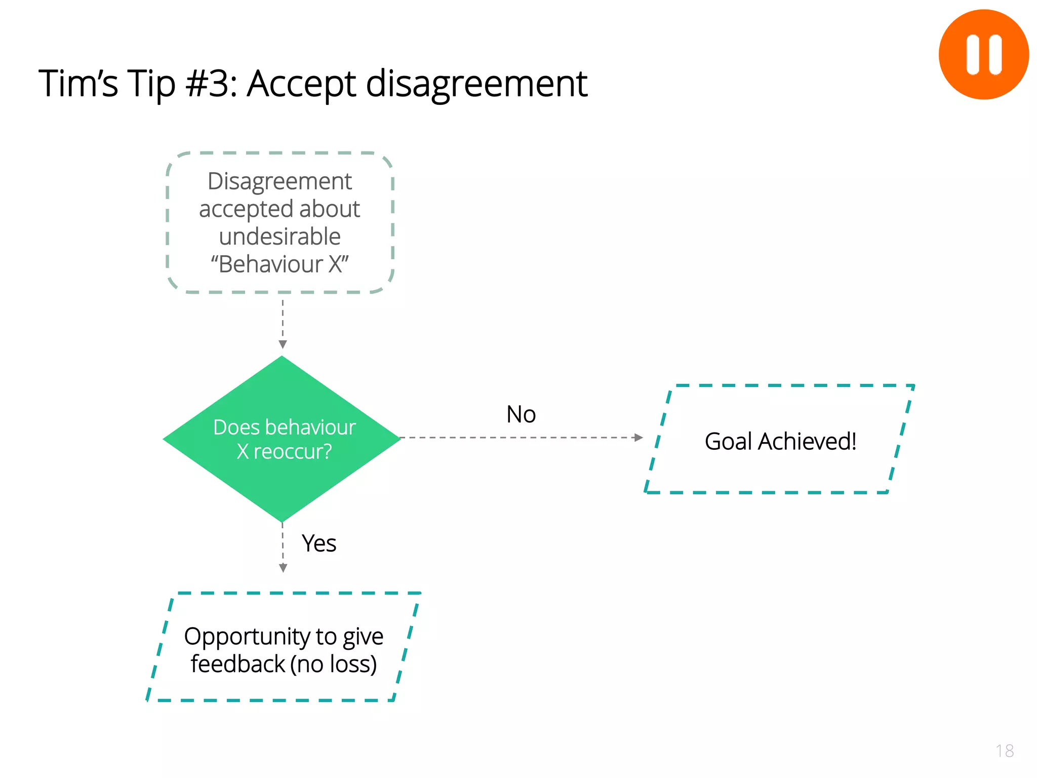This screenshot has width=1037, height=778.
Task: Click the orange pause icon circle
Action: [983, 55]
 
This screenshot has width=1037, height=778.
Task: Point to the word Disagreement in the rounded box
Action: [280, 181]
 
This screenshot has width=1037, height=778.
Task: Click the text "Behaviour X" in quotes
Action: [280, 264]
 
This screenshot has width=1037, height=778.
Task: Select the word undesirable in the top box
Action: [280, 237]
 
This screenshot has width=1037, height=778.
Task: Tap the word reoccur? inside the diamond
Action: [292, 451]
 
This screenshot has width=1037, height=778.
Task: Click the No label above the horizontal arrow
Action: [521, 414]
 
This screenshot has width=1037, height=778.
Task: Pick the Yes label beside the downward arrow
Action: [319, 543]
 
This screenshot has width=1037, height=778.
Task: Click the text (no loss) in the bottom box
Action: [334, 664]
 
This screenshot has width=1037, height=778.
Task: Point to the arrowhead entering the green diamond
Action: [283, 344]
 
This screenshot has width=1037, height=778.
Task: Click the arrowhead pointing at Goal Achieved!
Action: [639, 438]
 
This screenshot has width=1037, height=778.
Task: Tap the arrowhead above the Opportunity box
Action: [283, 568]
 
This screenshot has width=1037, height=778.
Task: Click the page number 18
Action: [1005, 751]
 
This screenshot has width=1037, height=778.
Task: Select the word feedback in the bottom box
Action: [237, 664]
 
